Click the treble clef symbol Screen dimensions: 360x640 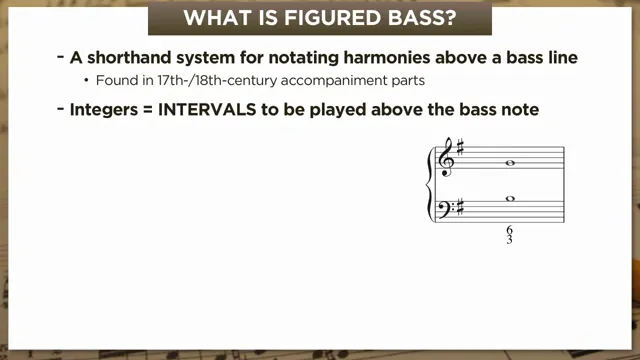(x=446, y=160)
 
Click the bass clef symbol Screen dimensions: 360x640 (x=447, y=210)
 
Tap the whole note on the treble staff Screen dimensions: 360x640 (x=511, y=163)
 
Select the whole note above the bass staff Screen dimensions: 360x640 (x=511, y=199)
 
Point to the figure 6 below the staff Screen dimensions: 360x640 (x=510, y=232)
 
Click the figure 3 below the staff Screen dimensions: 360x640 (x=510, y=241)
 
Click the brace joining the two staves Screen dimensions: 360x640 (x=432, y=185)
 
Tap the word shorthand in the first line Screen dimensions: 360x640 (x=134, y=58)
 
